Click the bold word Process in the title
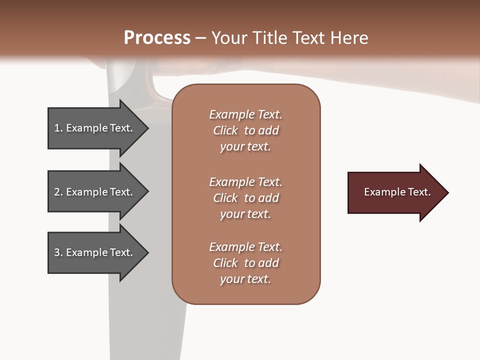[x=157, y=38]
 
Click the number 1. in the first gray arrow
[x=58, y=128]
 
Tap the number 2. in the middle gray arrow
[x=58, y=192]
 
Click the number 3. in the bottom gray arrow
[x=58, y=252]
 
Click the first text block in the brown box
[x=245, y=130]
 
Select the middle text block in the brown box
[x=245, y=198]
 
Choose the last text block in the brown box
[x=245, y=263]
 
